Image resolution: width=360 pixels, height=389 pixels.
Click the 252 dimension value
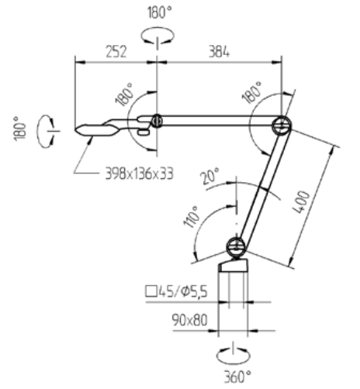point(116,51)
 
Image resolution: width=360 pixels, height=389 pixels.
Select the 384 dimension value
point(219,51)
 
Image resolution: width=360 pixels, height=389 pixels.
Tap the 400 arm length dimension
point(302,202)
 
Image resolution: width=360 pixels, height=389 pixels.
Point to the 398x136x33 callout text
point(139,174)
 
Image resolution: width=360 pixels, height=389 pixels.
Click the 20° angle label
point(210,176)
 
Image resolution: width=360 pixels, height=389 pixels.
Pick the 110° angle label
point(192,217)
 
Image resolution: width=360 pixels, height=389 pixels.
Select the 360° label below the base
point(237,377)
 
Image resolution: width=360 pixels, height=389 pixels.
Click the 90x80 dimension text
point(190,320)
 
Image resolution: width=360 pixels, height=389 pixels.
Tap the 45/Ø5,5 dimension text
point(183,291)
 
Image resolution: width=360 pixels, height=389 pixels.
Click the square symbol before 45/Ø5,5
point(151,291)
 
